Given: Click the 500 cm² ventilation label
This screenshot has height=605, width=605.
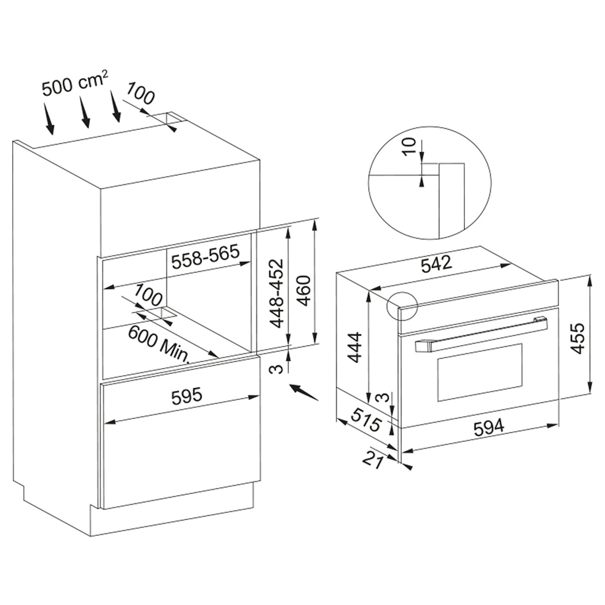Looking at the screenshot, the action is [74, 84].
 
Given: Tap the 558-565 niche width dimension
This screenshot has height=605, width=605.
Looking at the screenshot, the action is [206, 256].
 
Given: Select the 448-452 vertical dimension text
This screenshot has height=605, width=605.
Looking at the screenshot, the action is [277, 293].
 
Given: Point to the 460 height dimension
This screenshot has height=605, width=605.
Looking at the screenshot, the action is [304, 290].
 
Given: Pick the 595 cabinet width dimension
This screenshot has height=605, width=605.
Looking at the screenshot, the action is [187, 396].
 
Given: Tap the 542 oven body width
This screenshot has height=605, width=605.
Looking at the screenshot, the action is [436, 264].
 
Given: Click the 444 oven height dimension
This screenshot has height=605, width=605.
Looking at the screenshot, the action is [354, 347].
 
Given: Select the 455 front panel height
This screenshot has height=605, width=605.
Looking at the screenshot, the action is [577, 338].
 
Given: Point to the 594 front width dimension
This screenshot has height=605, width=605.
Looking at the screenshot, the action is [489, 428].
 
